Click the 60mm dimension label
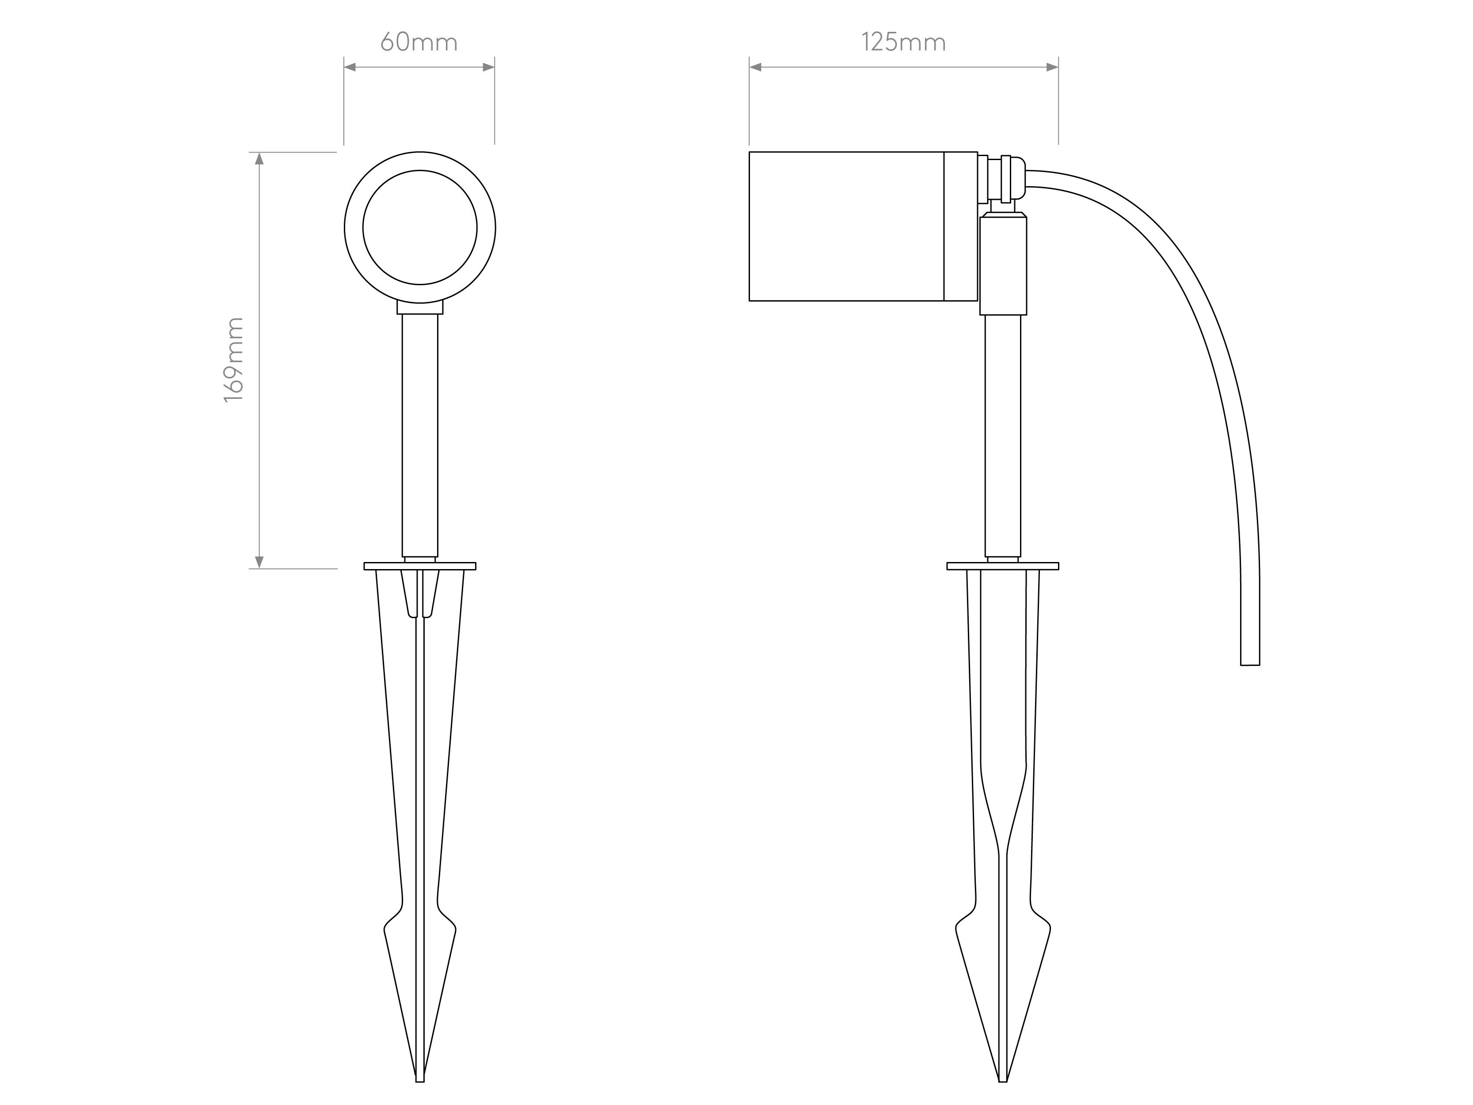coord(419,42)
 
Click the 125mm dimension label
coord(904,42)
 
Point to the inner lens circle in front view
coord(419,227)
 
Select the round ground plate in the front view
coord(419,566)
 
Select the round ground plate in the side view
coord(1002,566)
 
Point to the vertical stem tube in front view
coord(419,433)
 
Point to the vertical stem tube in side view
coord(1002,433)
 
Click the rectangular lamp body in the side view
coord(846,226)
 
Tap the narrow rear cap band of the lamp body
coord(961,226)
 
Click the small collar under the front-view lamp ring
coord(419,307)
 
